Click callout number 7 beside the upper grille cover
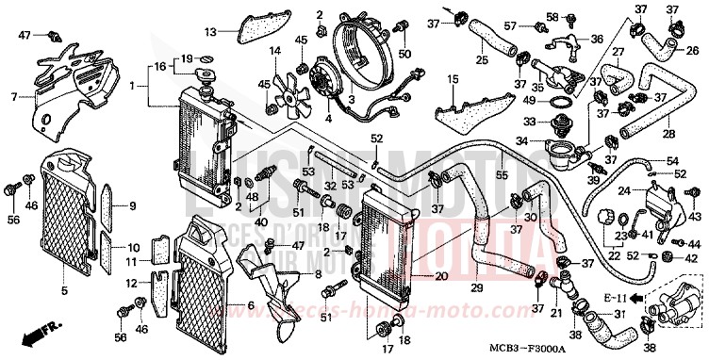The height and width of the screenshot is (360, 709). click(14, 97)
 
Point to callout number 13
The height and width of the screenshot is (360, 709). click(211, 32)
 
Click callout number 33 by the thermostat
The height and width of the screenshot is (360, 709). click(530, 122)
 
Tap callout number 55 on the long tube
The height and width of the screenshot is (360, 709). click(502, 175)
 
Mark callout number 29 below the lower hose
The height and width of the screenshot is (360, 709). click(478, 286)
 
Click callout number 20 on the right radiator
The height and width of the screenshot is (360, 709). click(441, 276)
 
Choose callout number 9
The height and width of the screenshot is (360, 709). click(132, 205)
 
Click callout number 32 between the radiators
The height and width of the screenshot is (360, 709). click(330, 188)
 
